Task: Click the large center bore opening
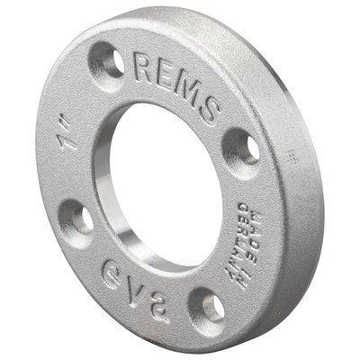(x=166, y=180)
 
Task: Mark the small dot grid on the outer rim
(x=290, y=156)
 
